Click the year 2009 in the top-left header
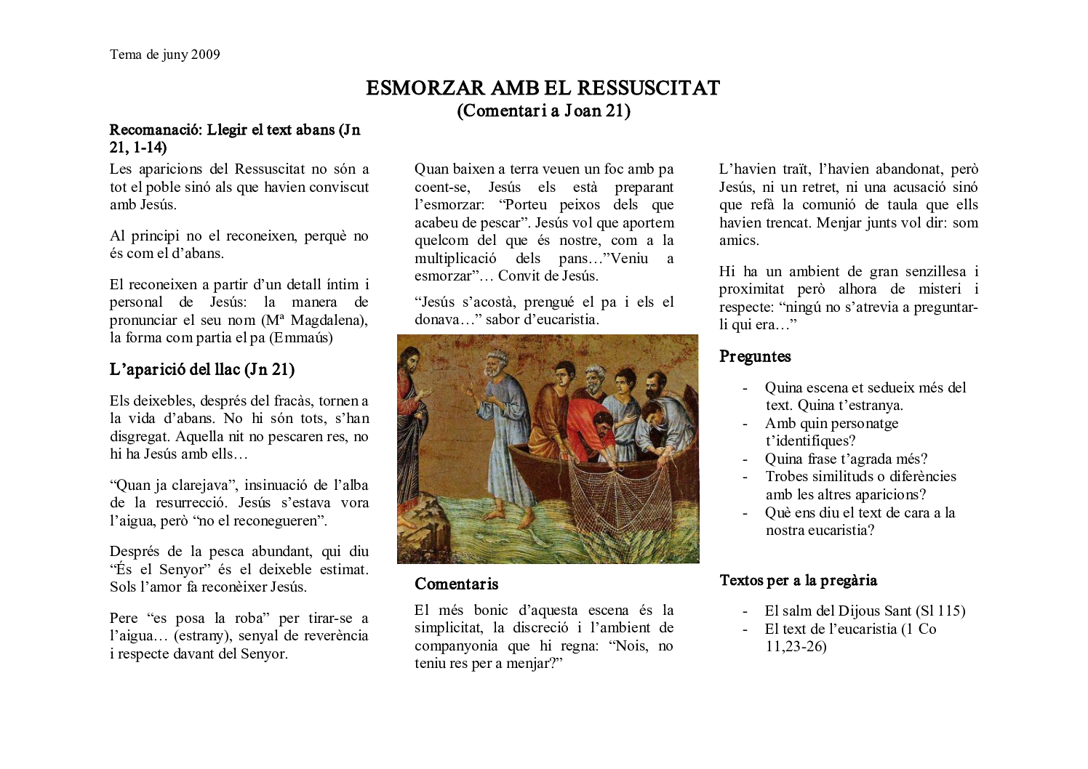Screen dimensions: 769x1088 point(206,55)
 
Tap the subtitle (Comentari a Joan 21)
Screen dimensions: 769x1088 point(543,110)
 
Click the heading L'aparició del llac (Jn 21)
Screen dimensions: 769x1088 point(202,370)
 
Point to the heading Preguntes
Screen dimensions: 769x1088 point(755,357)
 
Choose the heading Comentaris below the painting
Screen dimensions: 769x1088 point(457,584)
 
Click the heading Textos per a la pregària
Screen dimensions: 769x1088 point(798,581)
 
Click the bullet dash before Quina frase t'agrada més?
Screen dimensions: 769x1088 point(745,459)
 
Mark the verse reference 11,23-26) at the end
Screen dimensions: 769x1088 point(796,647)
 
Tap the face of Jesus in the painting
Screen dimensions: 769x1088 point(412,361)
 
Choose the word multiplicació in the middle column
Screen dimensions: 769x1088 point(455,259)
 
